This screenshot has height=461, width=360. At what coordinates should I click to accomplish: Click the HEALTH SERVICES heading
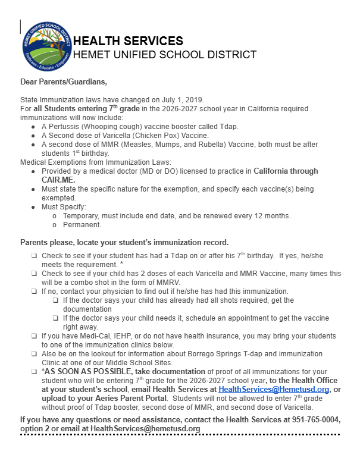click(127, 41)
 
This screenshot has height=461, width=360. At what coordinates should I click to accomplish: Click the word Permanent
click(81, 225)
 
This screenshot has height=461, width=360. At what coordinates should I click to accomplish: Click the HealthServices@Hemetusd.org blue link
click(274, 388)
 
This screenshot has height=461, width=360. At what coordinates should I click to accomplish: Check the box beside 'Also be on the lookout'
click(35, 354)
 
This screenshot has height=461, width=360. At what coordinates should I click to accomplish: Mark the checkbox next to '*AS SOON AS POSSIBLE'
click(35, 371)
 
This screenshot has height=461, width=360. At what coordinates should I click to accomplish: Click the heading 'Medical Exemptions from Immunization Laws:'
click(96, 161)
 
